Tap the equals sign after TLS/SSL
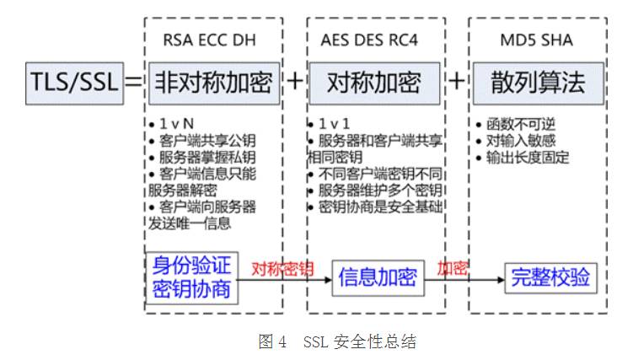click(133, 82)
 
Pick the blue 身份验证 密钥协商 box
click(192, 277)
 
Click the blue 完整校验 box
click(548, 277)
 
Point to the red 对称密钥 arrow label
click(283, 269)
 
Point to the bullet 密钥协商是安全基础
click(372, 207)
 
